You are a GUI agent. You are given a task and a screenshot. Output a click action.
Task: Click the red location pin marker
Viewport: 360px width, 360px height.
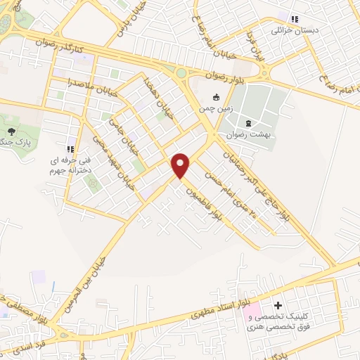[x=181, y=165]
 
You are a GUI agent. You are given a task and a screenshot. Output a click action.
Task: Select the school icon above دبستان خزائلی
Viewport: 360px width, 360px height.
[x=295, y=19]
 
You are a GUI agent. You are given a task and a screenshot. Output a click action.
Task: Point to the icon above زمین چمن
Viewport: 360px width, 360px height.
[x=217, y=97]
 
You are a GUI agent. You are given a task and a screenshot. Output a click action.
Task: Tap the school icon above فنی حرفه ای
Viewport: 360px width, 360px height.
[x=70, y=148]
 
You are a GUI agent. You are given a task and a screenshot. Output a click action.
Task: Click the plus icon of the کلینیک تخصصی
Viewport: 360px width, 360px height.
[x=278, y=306]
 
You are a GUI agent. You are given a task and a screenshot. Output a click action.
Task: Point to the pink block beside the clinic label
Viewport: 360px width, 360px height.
[x=252, y=310]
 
